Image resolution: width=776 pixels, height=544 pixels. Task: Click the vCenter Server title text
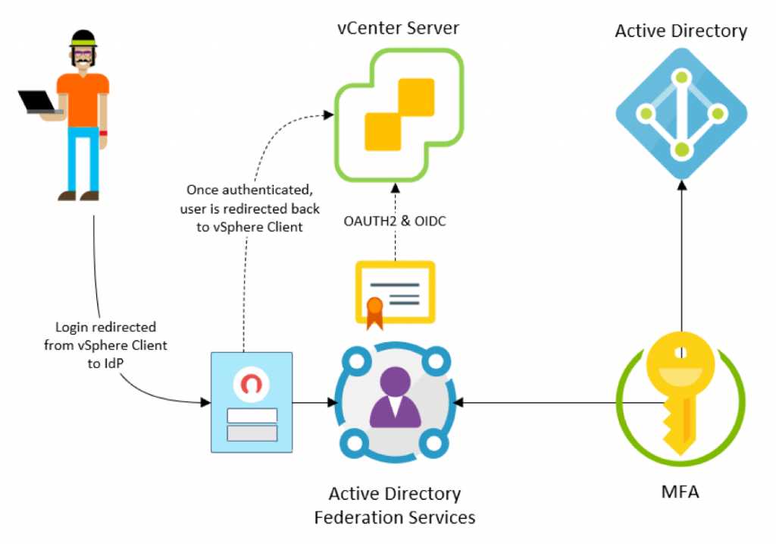pos(399,28)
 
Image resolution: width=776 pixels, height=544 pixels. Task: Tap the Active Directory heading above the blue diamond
pos(681,31)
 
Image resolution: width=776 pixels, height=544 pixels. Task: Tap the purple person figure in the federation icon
pos(393,398)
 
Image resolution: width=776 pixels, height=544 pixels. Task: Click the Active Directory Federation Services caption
pos(394,506)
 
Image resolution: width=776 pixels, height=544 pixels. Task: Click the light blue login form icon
pos(252,402)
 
